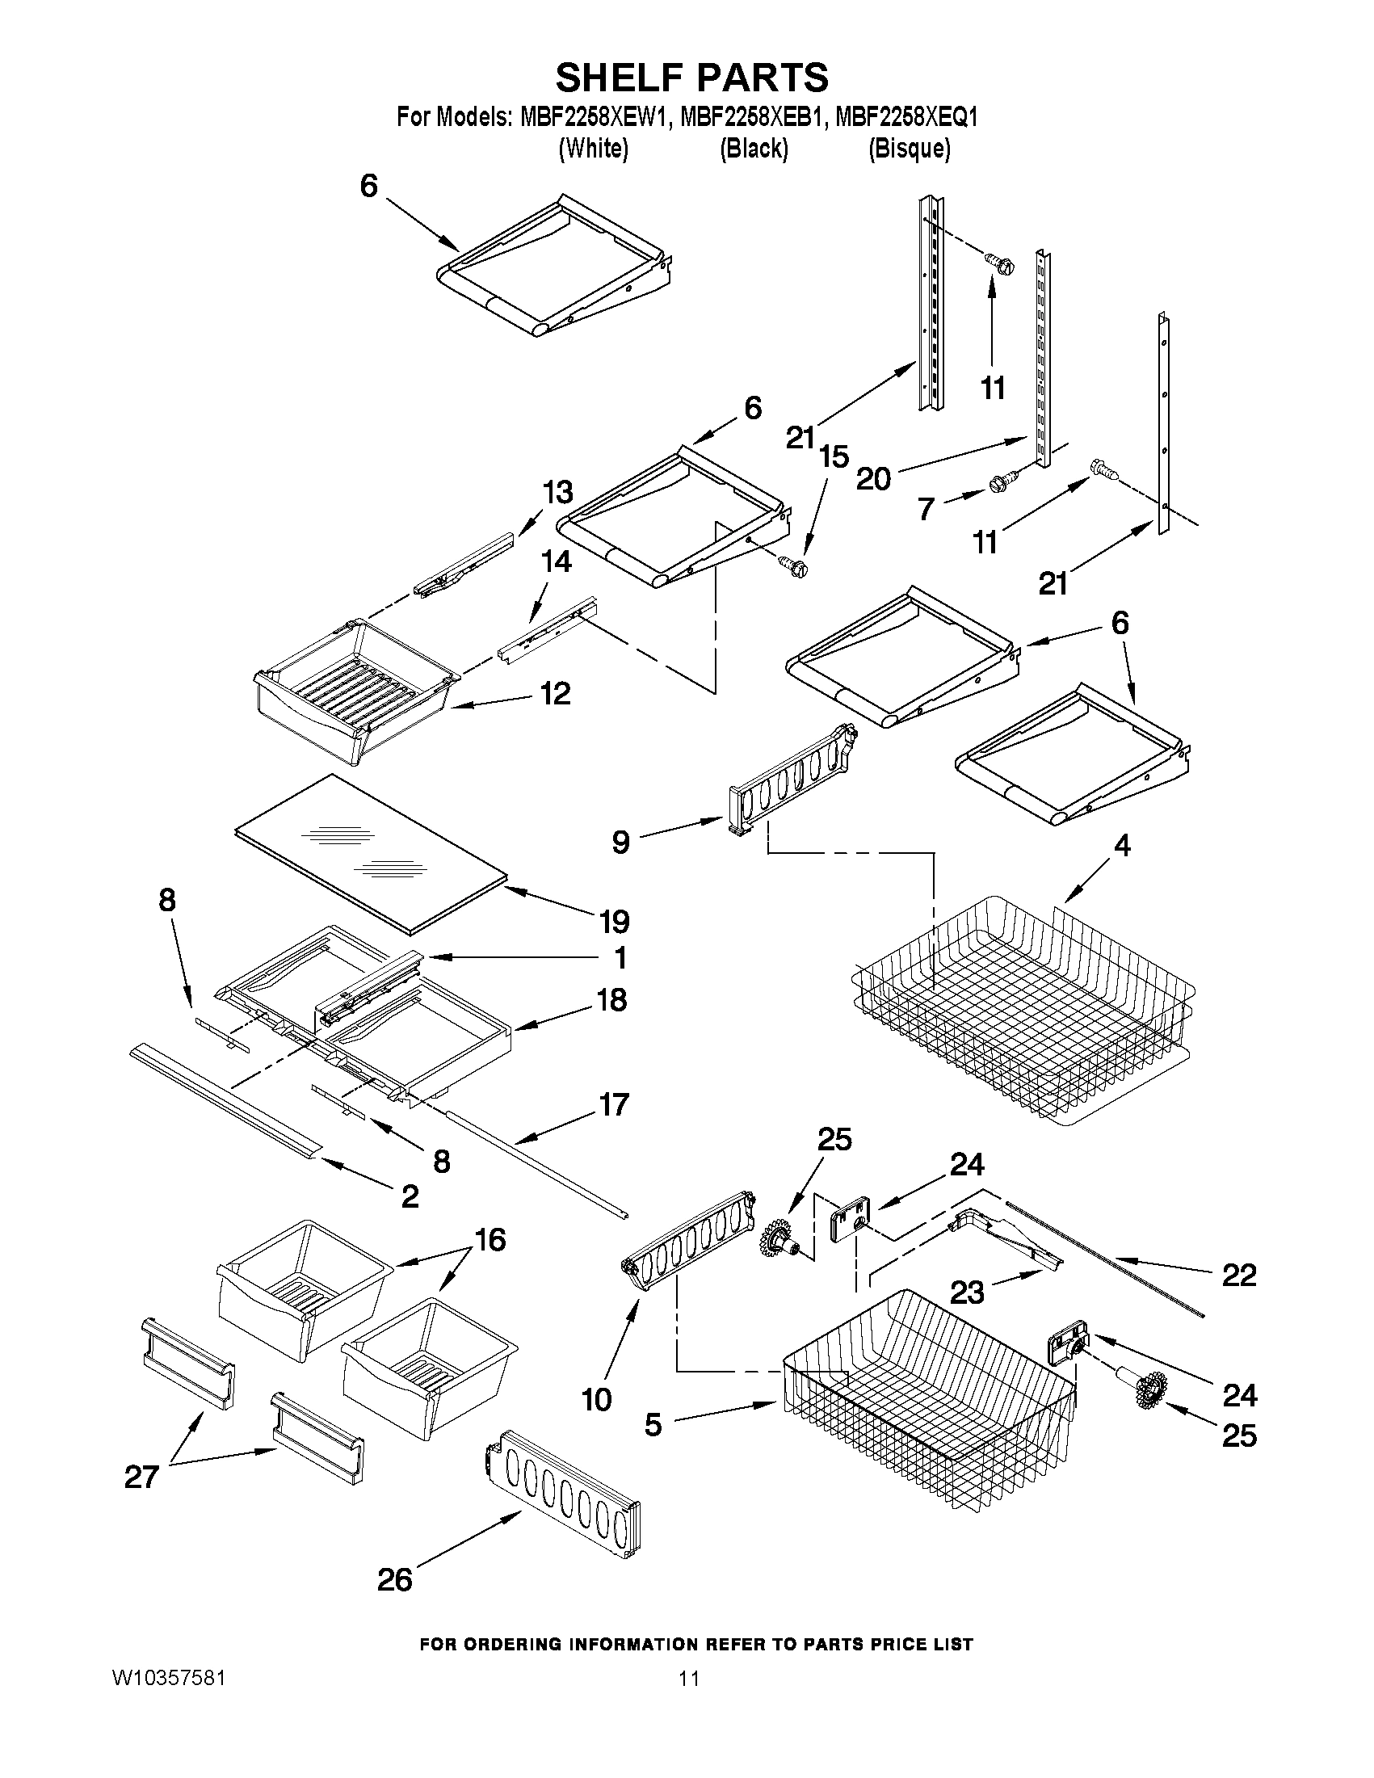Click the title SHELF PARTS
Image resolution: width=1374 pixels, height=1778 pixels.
pyautogui.click(x=691, y=78)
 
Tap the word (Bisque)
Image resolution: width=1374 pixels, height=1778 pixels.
pyautogui.click(x=909, y=148)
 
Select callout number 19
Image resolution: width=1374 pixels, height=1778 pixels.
pyautogui.click(x=614, y=922)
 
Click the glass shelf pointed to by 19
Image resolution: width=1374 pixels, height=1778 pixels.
pyautogui.click(x=371, y=851)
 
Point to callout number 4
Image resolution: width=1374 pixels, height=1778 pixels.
pyautogui.click(x=1122, y=847)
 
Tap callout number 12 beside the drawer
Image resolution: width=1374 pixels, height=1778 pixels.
pyautogui.click(x=556, y=694)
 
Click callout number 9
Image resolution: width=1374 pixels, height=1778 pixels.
pyautogui.click(x=621, y=842)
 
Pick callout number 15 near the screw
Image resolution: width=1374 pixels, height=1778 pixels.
pyautogui.click(x=834, y=456)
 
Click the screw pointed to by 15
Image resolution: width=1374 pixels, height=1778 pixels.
pyautogui.click(x=794, y=565)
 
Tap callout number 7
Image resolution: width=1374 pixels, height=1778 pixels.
pyautogui.click(x=926, y=510)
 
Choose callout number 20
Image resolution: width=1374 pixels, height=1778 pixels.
pyautogui.click(x=873, y=479)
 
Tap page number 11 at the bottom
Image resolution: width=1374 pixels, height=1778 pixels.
pyautogui.click(x=689, y=1678)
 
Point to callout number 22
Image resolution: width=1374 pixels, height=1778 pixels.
pyautogui.click(x=1239, y=1275)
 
